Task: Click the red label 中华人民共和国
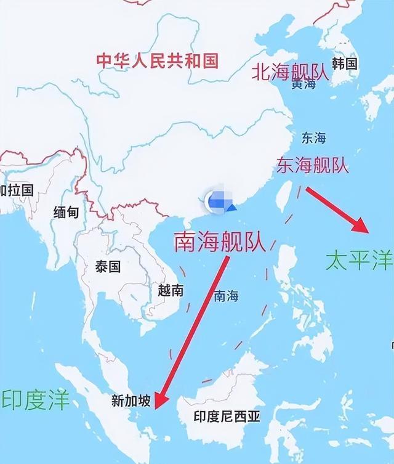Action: point(158,60)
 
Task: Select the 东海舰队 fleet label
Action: point(313,165)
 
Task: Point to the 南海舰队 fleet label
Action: point(220,242)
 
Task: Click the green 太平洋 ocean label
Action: point(360,261)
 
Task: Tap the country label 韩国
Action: point(345,63)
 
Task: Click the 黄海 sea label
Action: point(304,85)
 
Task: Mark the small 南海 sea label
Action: point(225,296)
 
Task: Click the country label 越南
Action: point(171,290)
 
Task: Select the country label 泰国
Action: point(108,267)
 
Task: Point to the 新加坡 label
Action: point(130,401)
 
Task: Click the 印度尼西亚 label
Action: point(227,417)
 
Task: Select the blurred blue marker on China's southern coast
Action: point(217,201)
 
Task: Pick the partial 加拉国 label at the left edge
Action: point(17,190)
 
